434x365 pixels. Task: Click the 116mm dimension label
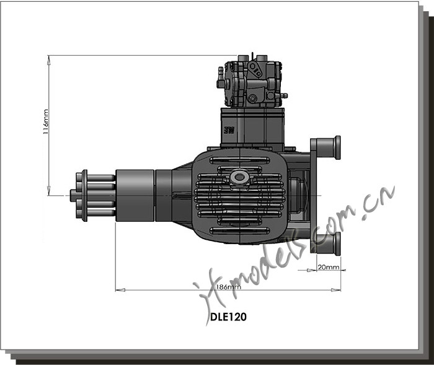click(46, 121)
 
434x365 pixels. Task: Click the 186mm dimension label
click(229, 287)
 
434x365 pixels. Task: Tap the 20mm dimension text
click(328, 267)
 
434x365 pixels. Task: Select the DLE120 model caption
click(228, 317)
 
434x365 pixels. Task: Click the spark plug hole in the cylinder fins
click(239, 177)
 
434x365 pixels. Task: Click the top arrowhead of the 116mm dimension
click(49, 59)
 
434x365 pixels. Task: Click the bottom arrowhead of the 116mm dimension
click(49, 191)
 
